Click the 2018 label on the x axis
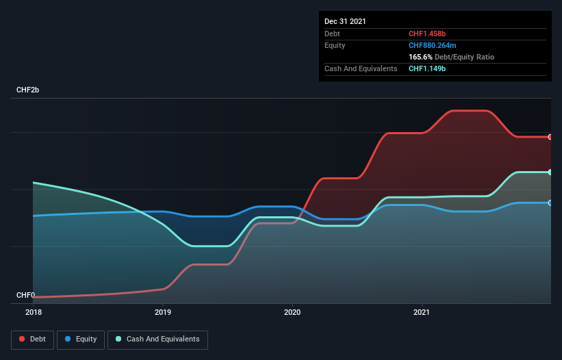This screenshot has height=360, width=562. (33, 312)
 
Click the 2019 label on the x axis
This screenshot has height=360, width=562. (163, 312)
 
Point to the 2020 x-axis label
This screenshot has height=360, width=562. (292, 312)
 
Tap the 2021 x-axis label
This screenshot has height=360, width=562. (422, 312)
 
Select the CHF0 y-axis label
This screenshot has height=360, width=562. (25, 296)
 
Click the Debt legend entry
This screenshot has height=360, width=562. (31, 339)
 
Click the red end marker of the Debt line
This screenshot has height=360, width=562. (550, 137)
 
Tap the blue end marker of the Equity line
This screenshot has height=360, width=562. (550, 203)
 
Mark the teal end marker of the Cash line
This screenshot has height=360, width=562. (550, 172)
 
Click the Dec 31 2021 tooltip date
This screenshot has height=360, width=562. (345, 21)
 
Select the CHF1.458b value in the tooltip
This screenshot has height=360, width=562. (427, 34)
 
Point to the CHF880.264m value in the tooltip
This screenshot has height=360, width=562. (432, 45)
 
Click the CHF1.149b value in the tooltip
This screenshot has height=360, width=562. (427, 68)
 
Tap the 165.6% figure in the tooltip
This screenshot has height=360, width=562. (420, 57)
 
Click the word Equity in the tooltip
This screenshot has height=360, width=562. (335, 45)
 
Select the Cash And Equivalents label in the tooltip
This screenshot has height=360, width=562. (361, 68)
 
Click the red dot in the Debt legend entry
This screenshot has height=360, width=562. (23, 339)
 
